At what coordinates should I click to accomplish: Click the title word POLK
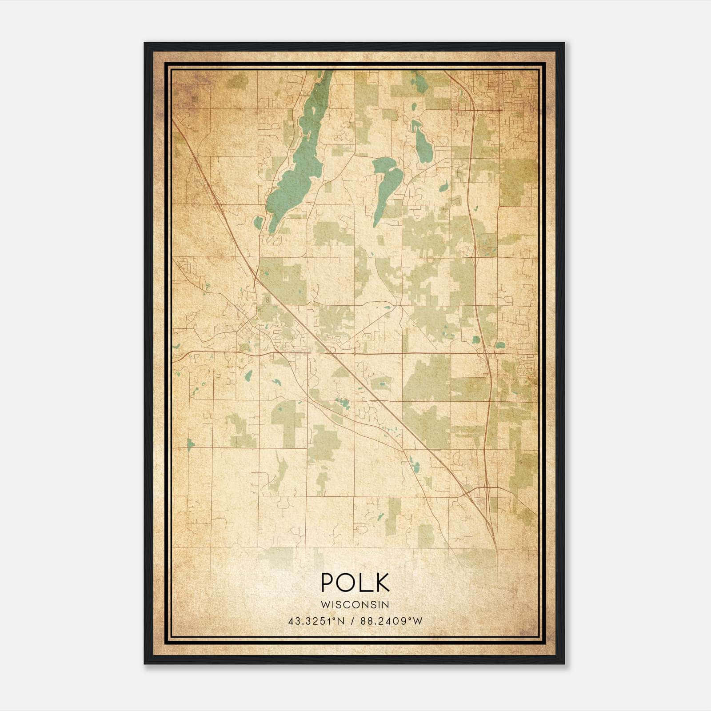point(355,583)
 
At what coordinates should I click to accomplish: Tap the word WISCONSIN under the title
point(355,604)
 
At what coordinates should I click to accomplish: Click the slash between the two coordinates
point(352,621)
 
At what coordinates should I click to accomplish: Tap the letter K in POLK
point(382,583)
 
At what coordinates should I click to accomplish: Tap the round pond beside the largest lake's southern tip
point(258,221)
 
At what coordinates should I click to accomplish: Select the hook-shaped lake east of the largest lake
point(383,187)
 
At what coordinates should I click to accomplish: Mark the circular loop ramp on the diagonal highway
point(331,351)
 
